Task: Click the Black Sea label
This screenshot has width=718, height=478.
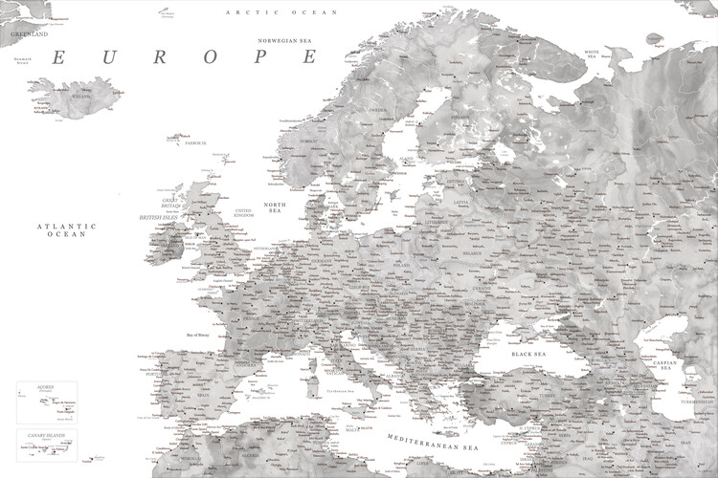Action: click(528, 355)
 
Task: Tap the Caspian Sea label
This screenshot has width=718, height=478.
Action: click(664, 364)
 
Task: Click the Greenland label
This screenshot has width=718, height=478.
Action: click(29, 33)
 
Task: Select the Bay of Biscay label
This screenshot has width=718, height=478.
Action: click(202, 336)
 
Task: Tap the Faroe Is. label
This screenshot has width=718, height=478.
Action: click(196, 142)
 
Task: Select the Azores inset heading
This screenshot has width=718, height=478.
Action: click(45, 386)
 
